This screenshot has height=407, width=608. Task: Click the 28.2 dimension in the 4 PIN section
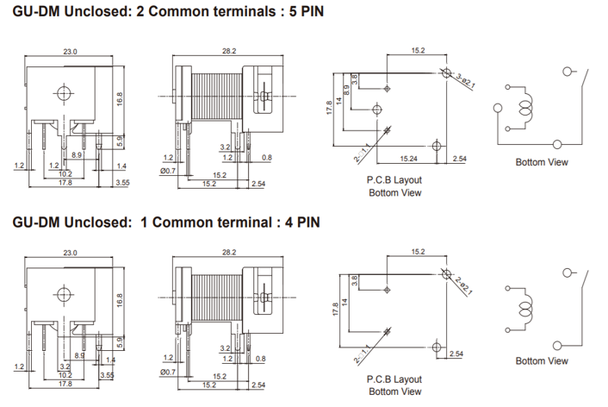coord(229,253)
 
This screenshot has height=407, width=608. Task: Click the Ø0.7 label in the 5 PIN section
coord(169,172)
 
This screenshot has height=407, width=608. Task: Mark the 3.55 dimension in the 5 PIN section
coord(122,183)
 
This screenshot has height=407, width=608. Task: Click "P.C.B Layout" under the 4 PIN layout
coord(394,379)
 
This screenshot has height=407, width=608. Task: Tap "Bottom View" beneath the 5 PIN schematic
coord(541,161)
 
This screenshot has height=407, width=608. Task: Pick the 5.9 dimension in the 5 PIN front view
coord(121,138)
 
